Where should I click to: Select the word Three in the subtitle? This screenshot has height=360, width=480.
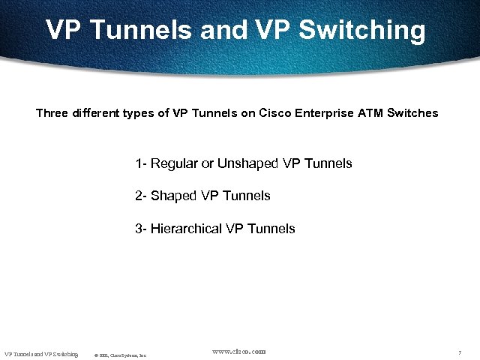pyautogui.click(x=52, y=114)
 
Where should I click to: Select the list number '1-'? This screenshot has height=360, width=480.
pyautogui.click(x=141, y=163)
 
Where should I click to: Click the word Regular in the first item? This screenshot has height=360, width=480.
pyautogui.click(x=175, y=163)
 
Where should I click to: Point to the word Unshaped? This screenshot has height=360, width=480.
pyautogui.click(x=247, y=163)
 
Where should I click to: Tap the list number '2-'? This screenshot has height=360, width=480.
pyautogui.click(x=141, y=196)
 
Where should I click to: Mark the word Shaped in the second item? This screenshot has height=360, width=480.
pyautogui.click(x=174, y=196)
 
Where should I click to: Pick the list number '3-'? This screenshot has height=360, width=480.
pyautogui.click(x=141, y=229)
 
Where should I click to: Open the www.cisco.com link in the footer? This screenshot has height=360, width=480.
pyautogui.click(x=239, y=351)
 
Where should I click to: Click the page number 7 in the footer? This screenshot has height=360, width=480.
pyautogui.click(x=458, y=352)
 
